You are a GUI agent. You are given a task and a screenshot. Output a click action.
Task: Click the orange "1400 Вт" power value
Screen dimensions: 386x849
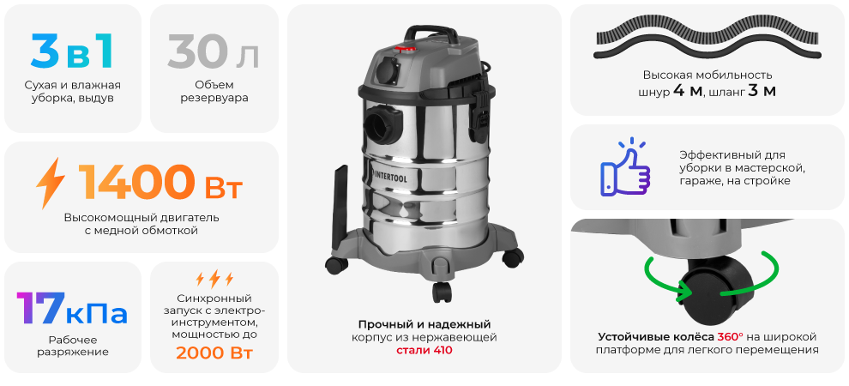(x=160, y=182)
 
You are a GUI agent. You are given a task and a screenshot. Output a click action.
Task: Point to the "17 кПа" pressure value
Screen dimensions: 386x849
(x=72, y=309)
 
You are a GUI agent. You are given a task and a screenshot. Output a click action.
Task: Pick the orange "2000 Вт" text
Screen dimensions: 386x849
(x=214, y=353)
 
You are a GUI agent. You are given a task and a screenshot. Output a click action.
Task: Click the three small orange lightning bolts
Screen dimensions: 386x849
(x=214, y=278)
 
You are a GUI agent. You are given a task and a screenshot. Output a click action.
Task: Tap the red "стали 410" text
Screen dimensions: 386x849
(x=424, y=351)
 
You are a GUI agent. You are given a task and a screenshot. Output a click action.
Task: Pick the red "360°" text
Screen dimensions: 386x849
(x=732, y=335)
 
